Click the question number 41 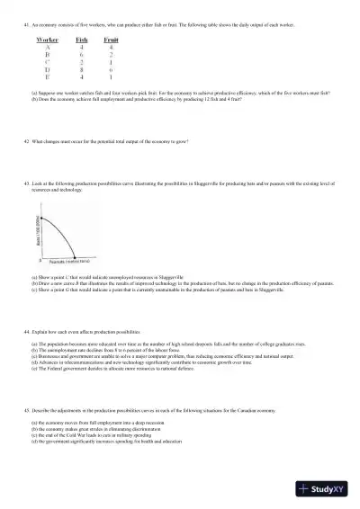26,25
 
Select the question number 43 26,183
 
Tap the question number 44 26,332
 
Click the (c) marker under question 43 34,290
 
